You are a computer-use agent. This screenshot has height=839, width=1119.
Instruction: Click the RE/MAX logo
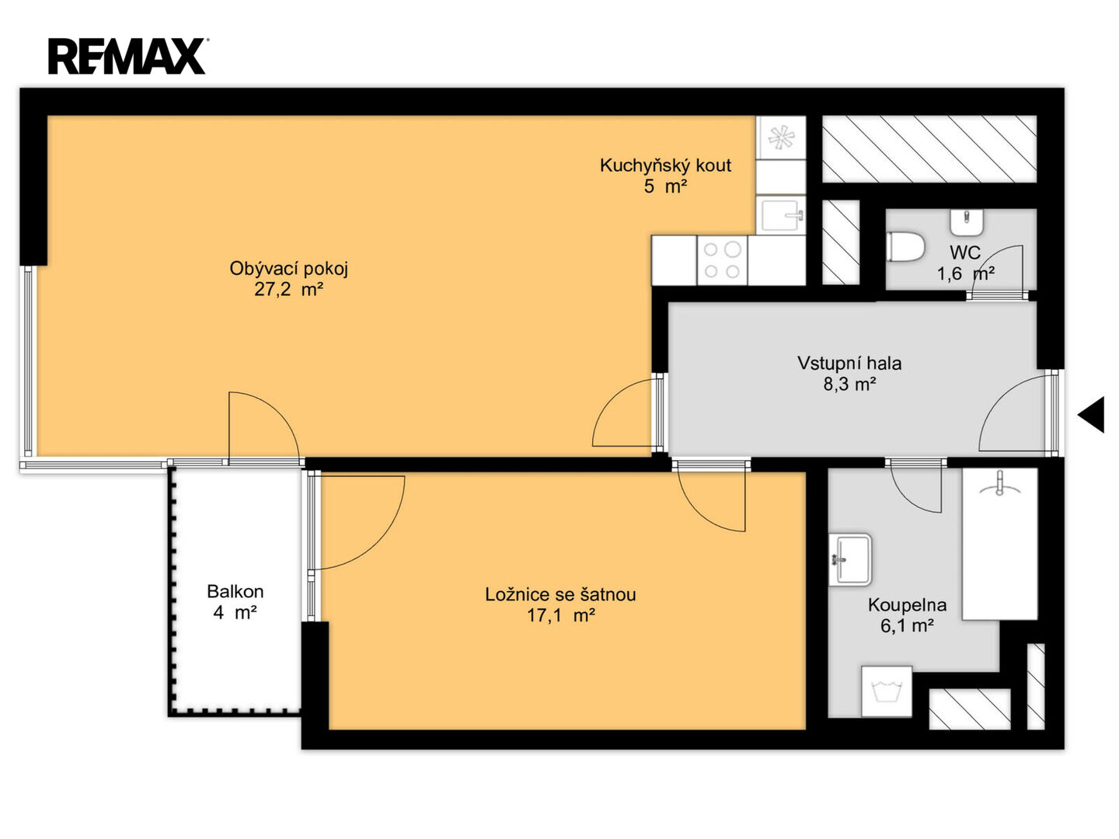tap(127, 56)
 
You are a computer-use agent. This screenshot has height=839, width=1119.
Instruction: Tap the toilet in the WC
tap(905, 247)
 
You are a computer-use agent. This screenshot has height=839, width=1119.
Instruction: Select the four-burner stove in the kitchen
tap(722, 259)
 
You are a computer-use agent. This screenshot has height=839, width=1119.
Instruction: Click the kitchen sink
tap(780, 215)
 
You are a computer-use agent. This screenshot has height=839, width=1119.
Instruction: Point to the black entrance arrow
tap(1092, 415)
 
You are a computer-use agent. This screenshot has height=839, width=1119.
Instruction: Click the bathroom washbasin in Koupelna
tap(850, 559)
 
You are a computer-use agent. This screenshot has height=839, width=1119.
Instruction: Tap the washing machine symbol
tap(887, 691)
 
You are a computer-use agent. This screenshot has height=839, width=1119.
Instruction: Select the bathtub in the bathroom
tap(999, 544)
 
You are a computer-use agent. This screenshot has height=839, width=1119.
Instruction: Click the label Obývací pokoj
tap(288, 269)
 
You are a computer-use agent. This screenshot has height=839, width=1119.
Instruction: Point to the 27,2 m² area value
tap(288, 289)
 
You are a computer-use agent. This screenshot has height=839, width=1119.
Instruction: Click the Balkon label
tap(235, 591)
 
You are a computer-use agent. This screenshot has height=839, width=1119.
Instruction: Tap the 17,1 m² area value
tap(561, 615)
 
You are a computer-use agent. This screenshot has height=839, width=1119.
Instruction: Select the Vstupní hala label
tap(849, 364)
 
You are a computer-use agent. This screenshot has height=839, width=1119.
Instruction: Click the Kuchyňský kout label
tap(665, 165)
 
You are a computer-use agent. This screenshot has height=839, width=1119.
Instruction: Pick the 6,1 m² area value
tap(907, 625)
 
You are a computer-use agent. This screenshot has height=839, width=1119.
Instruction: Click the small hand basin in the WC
tap(967, 222)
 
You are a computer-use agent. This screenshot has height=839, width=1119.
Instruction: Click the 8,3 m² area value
tap(850, 384)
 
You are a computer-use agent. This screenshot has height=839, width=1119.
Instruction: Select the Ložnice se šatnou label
tap(560, 594)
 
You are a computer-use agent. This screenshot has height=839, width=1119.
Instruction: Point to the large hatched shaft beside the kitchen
tap(929, 148)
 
